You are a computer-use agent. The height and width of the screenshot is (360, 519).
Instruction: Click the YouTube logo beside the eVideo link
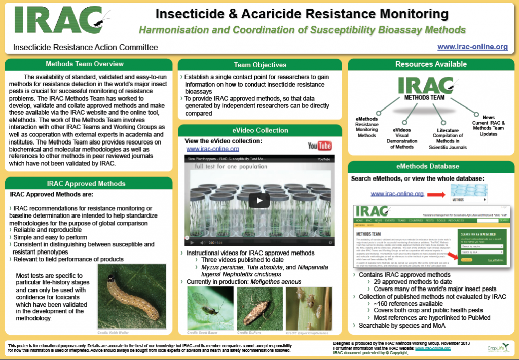coord(319,146)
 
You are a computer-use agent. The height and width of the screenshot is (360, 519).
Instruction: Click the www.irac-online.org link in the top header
coord(472,47)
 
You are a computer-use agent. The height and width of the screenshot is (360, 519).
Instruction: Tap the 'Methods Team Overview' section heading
coord(85,64)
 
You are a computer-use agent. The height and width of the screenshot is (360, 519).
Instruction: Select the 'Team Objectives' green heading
coord(260,65)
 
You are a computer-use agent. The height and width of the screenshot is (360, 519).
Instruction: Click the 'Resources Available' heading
coord(431,64)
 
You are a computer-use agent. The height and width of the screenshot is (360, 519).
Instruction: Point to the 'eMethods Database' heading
coord(431,166)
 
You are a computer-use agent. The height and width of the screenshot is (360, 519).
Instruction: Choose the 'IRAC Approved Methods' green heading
coord(86,183)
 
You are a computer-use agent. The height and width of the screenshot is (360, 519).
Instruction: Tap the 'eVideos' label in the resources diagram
coord(401,130)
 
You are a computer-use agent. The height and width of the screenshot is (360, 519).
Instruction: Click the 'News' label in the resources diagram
coord(488,117)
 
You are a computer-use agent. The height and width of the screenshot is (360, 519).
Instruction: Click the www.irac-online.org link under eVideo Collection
coord(212,149)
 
